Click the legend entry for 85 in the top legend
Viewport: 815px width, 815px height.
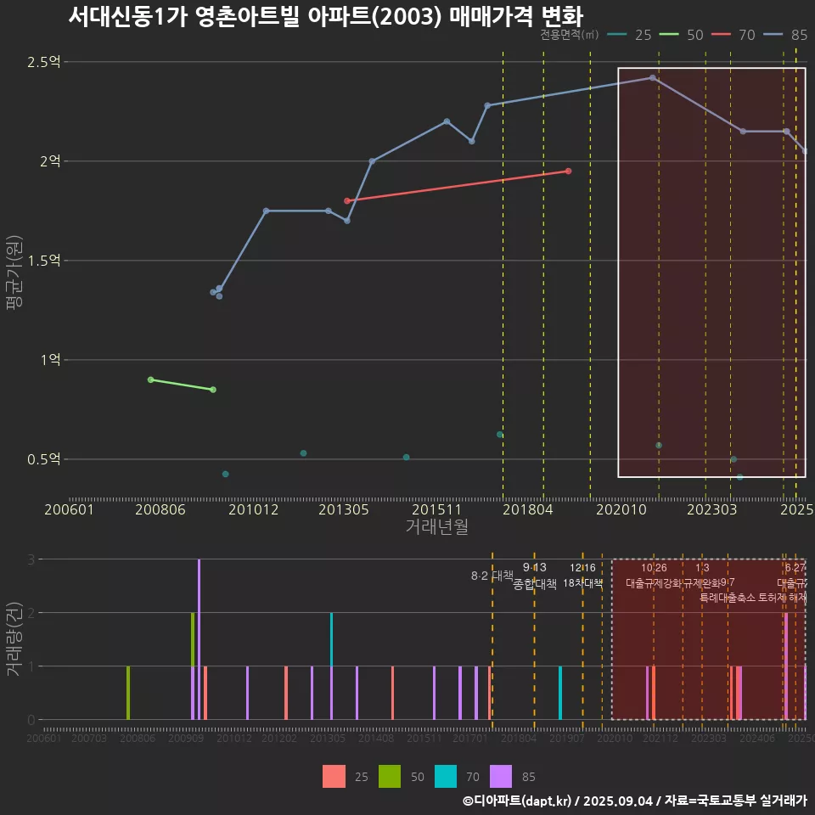[799, 35]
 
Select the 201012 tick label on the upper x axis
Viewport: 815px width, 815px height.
[253, 509]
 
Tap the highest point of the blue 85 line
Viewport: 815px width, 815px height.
[652, 77]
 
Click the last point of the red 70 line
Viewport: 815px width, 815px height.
[568, 171]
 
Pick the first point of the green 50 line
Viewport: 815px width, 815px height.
[150, 379]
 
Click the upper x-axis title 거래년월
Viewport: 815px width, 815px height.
[436, 526]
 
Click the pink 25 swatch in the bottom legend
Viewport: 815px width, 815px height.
[334, 776]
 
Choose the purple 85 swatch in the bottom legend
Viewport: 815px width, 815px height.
[502, 776]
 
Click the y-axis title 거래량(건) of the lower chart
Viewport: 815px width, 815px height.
[14, 638]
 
